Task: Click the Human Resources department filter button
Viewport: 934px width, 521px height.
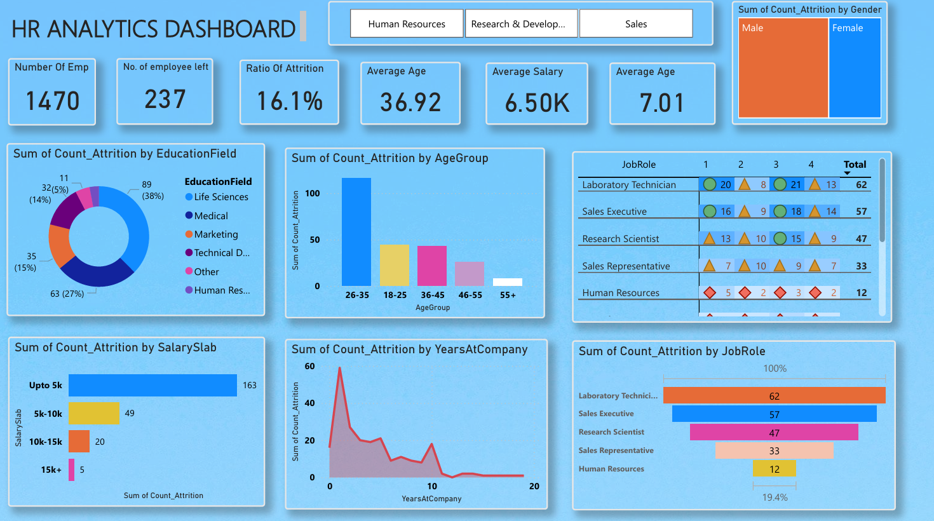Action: coord(407,24)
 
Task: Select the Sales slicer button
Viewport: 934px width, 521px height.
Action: coord(635,24)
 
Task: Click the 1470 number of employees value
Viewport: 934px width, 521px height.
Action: coord(53,101)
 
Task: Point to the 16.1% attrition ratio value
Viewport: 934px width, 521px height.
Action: coord(290,101)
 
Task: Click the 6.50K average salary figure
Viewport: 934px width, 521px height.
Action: coord(537,103)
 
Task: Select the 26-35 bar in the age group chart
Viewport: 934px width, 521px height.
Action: coord(356,232)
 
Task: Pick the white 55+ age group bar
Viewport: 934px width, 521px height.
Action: coord(508,282)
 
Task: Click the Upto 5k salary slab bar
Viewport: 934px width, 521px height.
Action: coord(152,385)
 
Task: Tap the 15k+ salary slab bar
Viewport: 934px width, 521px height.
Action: coord(72,470)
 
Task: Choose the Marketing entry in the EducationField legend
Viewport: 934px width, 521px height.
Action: coord(216,234)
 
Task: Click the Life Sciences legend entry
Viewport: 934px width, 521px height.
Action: coord(220,197)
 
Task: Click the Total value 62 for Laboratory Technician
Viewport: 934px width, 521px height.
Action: coord(861,185)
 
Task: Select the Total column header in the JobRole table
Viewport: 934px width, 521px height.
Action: coord(855,165)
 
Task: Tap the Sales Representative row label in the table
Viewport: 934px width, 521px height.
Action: coord(626,266)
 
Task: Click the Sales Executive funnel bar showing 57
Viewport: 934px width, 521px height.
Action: coord(774,414)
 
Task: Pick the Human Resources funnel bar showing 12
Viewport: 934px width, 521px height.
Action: coord(774,469)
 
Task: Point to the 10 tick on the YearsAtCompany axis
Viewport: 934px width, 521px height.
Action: coord(432,486)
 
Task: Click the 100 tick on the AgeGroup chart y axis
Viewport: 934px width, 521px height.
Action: coord(313,193)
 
